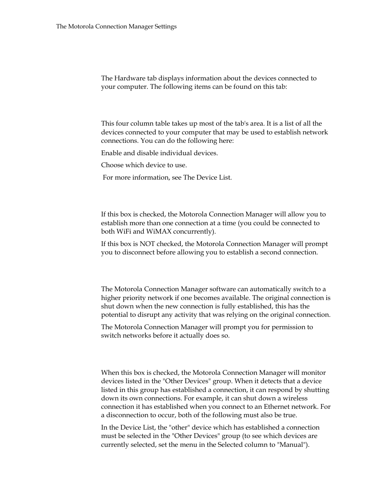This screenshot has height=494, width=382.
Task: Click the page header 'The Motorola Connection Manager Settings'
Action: click(x=116, y=27)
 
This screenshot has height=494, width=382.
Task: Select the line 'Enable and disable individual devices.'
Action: click(x=159, y=153)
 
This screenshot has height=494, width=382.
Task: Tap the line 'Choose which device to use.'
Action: click(x=144, y=165)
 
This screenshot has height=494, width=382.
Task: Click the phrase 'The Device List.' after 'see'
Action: click(x=207, y=178)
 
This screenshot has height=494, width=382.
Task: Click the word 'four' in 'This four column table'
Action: click(x=122, y=124)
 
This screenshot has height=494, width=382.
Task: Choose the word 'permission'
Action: click(x=277, y=327)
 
